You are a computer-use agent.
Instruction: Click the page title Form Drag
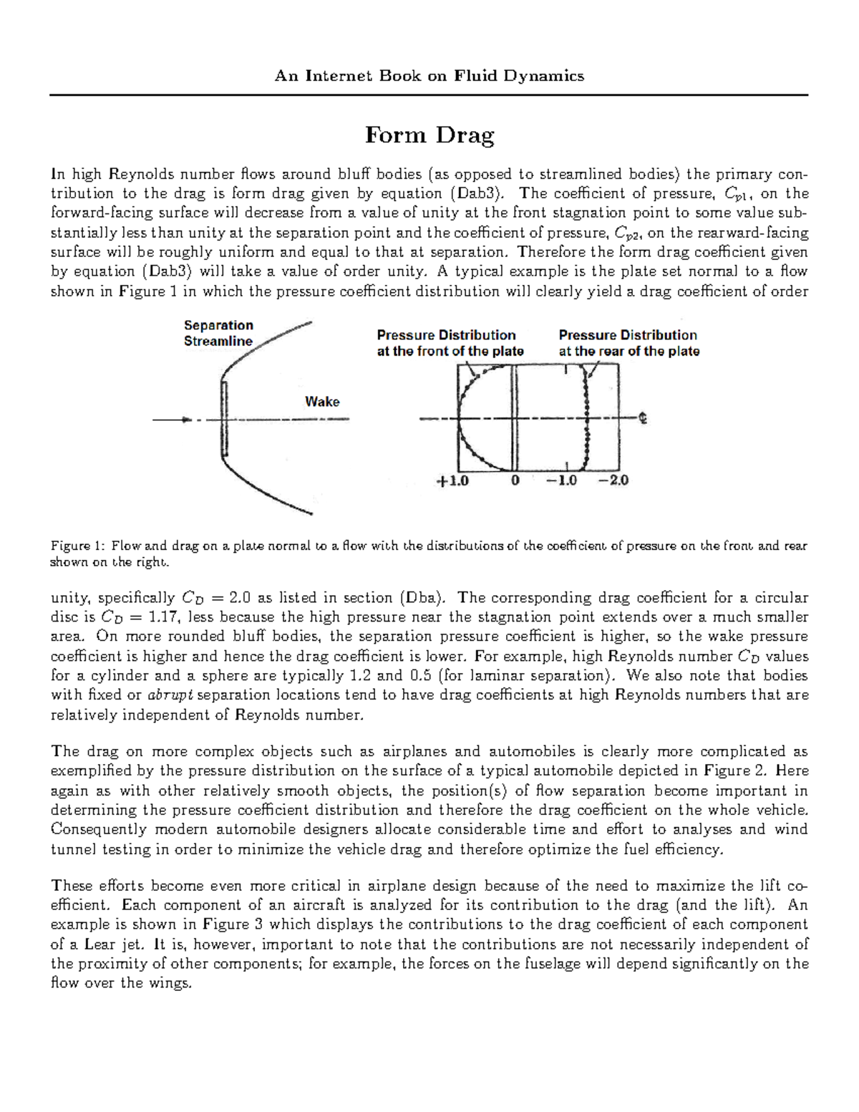click(x=429, y=135)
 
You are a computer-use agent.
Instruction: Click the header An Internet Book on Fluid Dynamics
click(x=429, y=76)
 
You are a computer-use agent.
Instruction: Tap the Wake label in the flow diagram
click(x=322, y=402)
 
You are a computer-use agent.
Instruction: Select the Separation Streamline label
click(x=218, y=333)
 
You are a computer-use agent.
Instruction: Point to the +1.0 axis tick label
click(x=452, y=481)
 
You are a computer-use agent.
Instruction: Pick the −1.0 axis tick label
click(x=561, y=481)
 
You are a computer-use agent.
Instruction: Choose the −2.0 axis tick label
click(x=613, y=481)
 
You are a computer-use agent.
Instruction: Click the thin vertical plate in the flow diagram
click(x=225, y=419)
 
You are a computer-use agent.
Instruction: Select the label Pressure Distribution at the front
click(x=450, y=343)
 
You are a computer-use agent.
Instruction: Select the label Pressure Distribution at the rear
click(x=629, y=343)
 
